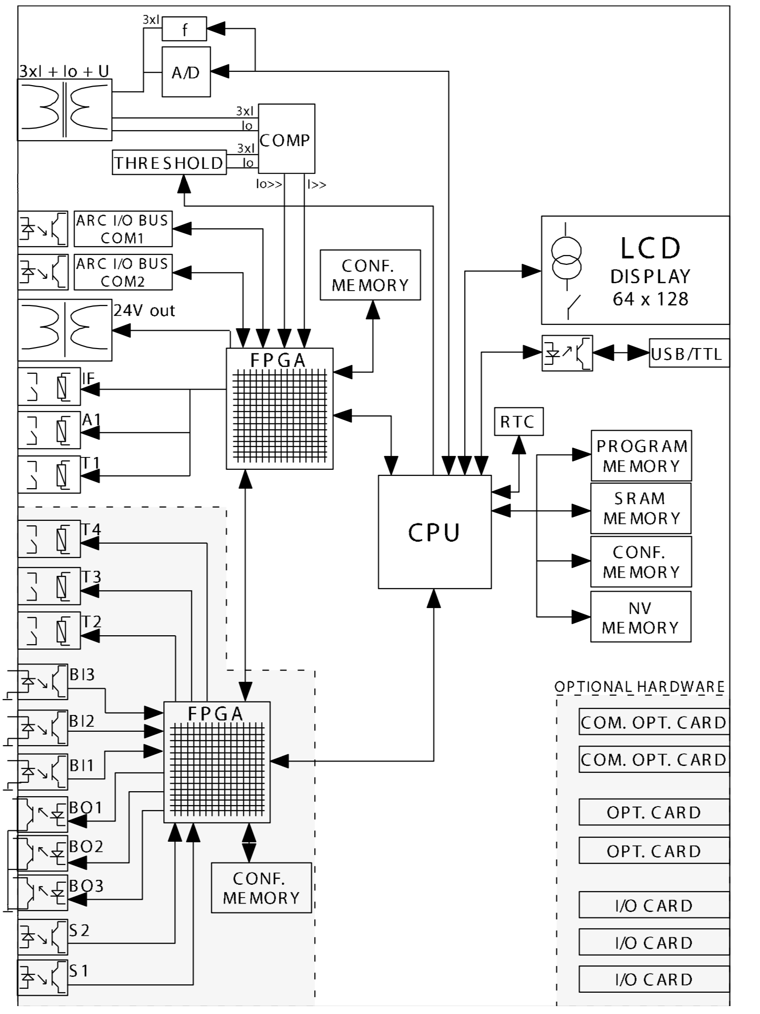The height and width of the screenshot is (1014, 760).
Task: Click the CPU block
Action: click(x=434, y=532)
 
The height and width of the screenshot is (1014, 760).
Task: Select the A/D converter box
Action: click(x=186, y=72)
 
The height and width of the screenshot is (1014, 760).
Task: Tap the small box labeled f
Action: click(x=184, y=29)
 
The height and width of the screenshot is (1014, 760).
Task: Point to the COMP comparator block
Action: click(x=286, y=139)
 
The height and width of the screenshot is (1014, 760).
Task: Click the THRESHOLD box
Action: click(x=169, y=162)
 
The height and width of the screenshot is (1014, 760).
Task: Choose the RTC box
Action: click(x=519, y=422)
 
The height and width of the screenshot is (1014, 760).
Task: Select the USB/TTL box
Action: click(x=689, y=354)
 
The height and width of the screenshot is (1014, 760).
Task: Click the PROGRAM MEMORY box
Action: click(x=641, y=456)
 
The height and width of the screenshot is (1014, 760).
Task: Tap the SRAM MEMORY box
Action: click(x=641, y=508)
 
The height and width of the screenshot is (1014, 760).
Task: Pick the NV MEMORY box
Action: click(x=641, y=617)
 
